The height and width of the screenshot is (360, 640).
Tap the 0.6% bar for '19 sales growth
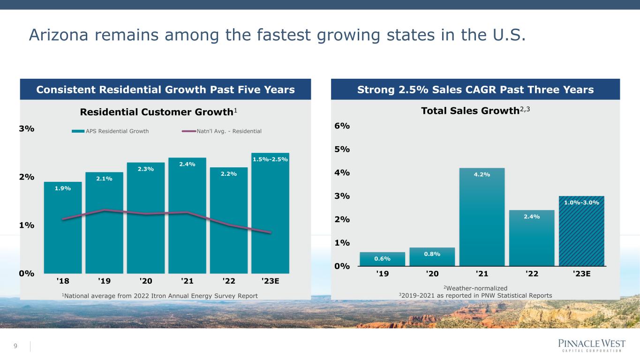tap(382, 259)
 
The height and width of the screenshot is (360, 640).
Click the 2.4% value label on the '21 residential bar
tap(187, 164)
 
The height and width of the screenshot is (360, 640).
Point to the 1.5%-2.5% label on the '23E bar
tap(270, 159)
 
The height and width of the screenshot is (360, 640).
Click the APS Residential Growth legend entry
tap(110, 131)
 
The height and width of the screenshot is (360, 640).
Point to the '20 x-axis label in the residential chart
tap(146, 281)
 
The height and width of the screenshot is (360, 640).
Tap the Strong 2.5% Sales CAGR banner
tap(475, 90)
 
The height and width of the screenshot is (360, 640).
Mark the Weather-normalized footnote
tap(475, 288)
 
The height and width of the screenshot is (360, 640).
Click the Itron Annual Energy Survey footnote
tap(159, 295)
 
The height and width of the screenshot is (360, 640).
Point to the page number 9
tap(15, 346)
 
